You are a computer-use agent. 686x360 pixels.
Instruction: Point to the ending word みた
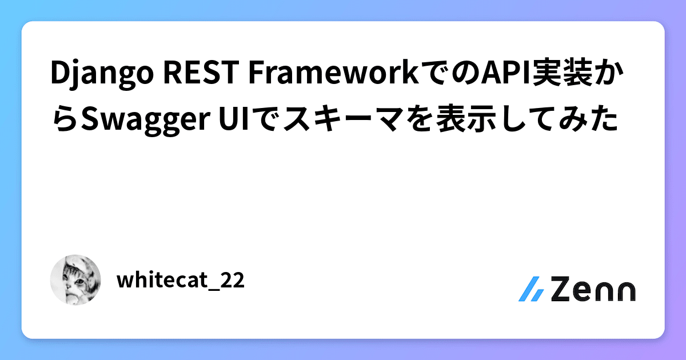click(589, 120)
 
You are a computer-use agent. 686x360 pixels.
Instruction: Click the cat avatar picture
click(75, 280)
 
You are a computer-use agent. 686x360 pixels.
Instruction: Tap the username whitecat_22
click(180, 281)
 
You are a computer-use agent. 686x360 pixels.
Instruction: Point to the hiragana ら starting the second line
click(63, 120)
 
